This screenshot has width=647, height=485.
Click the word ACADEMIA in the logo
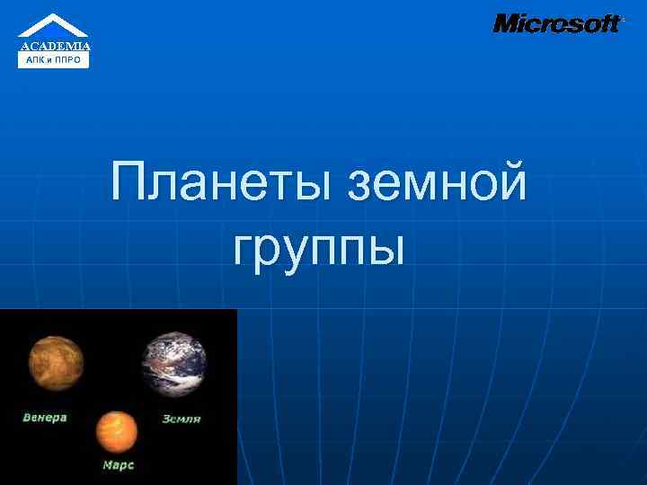click(55, 46)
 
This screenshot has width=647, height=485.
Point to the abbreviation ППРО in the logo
click(70, 60)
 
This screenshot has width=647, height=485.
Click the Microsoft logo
click(557, 23)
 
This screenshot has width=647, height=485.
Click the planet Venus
click(56, 364)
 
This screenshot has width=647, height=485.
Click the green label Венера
click(45, 419)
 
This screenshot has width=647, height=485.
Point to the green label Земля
click(181, 419)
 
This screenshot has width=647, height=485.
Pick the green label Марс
click(118, 465)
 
